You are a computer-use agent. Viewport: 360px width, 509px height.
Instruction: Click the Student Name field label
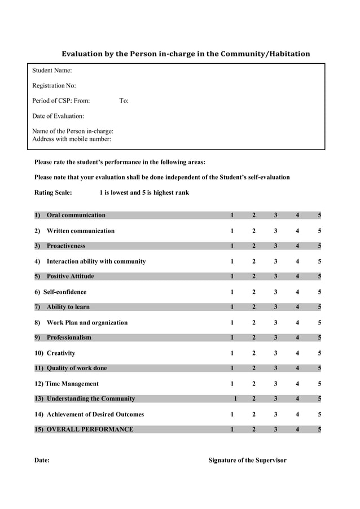pyautogui.click(x=52, y=71)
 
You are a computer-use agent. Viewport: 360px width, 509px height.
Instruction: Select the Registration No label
pyautogui.click(x=54, y=86)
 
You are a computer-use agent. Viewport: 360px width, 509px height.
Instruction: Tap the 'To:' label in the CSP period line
pyautogui.click(x=124, y=101)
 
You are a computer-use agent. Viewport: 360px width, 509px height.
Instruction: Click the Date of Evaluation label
pyautogui.click(x=58, y=116)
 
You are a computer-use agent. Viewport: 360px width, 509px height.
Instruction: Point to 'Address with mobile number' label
pyautogui.click(x=72, y=139)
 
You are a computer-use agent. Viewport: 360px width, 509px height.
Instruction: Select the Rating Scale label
pyautogui.click(x=53, y=192)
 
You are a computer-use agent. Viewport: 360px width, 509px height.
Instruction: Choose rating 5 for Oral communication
pyautogui.click(x=319, y=215)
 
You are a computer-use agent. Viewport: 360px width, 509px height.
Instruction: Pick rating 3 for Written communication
pyautogui.click(x=275, y=231)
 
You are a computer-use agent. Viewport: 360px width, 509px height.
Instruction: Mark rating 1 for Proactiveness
pyautogui.click(x=232, y=246)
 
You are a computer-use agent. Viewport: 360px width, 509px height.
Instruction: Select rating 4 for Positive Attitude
pyautogui.click(x=297, y=277)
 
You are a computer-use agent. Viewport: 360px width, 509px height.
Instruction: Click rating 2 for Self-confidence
pyautogui.click(x=254, y=292)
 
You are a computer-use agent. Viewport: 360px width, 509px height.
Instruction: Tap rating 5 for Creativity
pyautogui.click(x=319, y=353)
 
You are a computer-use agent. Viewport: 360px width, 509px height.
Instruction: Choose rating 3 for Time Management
pyautogui.click(x=275, y=384)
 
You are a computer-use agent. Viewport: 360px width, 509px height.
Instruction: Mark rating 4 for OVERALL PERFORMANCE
pyautogui.click(x=297, y=429)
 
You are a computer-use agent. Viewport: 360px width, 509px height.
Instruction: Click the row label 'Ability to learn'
pyautogui.click(x=68, y=307)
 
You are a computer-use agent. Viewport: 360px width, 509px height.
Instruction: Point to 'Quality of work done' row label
pyautogui.click(x=77, y=368)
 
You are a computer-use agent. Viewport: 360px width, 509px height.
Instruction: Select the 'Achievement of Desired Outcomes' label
pyautogui.click(x=95, y=414)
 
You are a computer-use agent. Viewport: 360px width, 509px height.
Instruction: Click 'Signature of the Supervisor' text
pyautogui.click(x=247, y=460)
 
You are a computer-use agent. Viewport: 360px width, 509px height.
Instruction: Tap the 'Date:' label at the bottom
pyautogui.click(x=42, y=460)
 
